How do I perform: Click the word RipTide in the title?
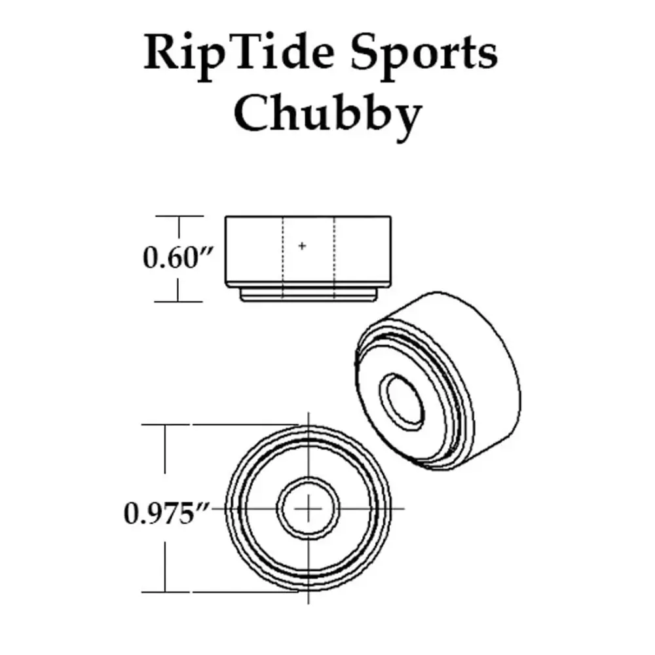point(239,54)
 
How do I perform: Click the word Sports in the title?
point(424,54)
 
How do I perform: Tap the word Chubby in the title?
point(327,113)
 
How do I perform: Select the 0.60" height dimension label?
point(178,257)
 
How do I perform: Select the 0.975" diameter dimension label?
point(166,513)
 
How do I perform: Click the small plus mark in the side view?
point(302,246)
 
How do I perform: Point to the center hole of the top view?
point(309,508)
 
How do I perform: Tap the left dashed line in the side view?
point(283,258)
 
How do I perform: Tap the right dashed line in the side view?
point(335,258)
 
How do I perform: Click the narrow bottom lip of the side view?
point(309,295)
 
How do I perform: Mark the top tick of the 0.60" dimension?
point(179,216)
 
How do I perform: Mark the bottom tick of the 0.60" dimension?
point(178,301)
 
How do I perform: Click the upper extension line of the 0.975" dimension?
point(220,425)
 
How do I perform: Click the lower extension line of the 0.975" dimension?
point(220,591)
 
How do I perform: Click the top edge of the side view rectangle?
point(308,216)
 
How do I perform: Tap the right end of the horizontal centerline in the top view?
point(404,508)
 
